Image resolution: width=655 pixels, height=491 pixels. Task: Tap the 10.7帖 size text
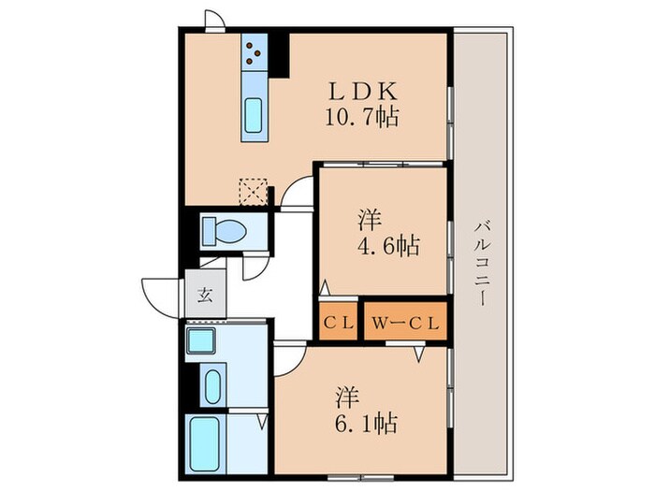tap(364, 119)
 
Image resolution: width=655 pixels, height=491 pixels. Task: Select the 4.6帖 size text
tap(386, 247)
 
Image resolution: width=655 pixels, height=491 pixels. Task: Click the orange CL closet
tap(338, 325)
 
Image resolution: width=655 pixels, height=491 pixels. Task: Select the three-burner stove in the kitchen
tap(255, 52)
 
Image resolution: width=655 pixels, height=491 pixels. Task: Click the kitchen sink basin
tap(255, 117)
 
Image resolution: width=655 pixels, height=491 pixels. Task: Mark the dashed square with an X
tap(251, 191)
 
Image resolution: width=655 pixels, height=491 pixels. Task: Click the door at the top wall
tap(214, 22)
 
